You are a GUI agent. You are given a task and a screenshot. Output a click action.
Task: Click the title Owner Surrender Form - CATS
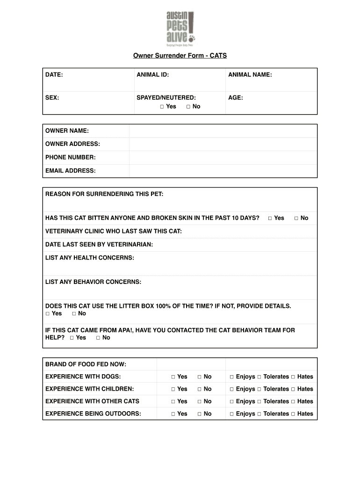[x=180, y=56]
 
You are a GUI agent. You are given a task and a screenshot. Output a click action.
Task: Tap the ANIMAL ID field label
[x=152, y=75]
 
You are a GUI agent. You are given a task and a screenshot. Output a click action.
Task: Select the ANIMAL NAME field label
[x=250, y=75]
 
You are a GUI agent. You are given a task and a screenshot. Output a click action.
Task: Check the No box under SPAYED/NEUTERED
[x=188, y=107]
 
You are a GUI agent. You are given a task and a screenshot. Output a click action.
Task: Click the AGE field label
[x=235, y=98]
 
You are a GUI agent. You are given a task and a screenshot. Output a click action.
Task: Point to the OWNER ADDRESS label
[x=72, y=144]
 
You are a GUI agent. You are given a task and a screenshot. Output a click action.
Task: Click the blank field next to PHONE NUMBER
[x=223, y=158]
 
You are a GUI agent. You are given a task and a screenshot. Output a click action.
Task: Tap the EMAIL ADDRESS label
[x=70, y=171]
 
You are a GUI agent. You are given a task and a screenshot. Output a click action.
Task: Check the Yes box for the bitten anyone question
[x=270, y=218]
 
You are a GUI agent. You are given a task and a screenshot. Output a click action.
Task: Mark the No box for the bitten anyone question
[x=296, y=218]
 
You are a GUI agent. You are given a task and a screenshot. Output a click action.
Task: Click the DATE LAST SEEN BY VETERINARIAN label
[x=99, y=245]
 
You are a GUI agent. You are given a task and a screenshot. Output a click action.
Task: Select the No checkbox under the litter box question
[x=74, y=314]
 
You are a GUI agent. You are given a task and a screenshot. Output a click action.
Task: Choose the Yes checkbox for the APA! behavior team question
[x=72, y=338]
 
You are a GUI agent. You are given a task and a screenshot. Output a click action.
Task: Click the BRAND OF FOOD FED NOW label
[x=86, y=364]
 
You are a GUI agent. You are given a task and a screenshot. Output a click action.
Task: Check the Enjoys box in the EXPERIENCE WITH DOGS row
[x=231, y=377]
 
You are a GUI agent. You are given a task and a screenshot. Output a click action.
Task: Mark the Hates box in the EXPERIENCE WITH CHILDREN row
[x=293, y=389]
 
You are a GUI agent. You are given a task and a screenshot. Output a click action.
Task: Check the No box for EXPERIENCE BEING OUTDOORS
[x=200, y=414]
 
